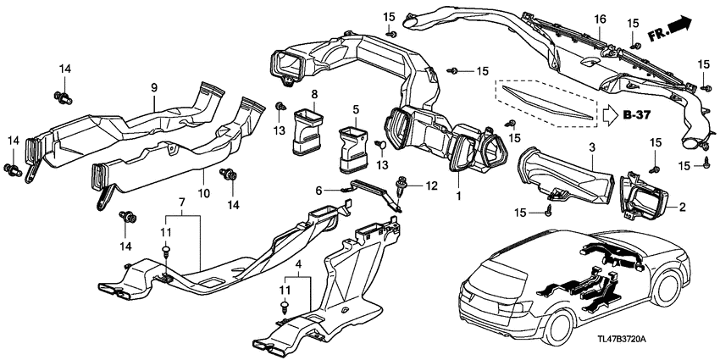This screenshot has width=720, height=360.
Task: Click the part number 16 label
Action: tap(599, 19)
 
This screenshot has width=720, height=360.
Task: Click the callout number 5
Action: tap(357, 109)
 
